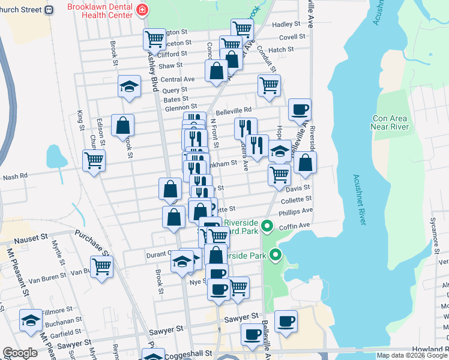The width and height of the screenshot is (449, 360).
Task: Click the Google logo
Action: pos(19,353)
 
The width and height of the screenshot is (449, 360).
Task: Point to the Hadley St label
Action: pos(286,24)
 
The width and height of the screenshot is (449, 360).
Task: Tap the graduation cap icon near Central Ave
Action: pos(129,86)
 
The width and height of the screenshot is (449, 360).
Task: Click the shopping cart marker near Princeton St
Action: pos(154,40)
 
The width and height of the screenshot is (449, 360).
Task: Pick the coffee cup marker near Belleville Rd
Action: pos(300,110)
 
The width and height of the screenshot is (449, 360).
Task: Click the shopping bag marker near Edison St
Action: pos(122,126)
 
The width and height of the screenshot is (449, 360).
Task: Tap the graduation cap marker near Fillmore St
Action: pos(31,320)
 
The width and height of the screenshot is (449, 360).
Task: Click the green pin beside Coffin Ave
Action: pos(269,227)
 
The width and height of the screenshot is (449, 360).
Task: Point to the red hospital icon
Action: pos(142,10)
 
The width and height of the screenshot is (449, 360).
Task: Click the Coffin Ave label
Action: pos(297,226)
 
